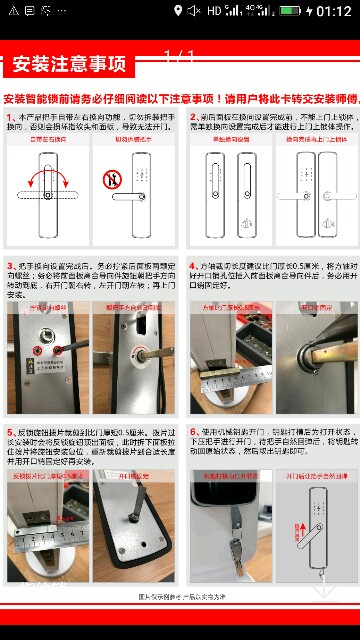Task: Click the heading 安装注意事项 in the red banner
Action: (68, 66)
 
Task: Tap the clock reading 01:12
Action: (333, 12)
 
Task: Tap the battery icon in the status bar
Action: (290, 12)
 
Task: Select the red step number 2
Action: (196, 118)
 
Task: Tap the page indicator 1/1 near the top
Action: (180, 55)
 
